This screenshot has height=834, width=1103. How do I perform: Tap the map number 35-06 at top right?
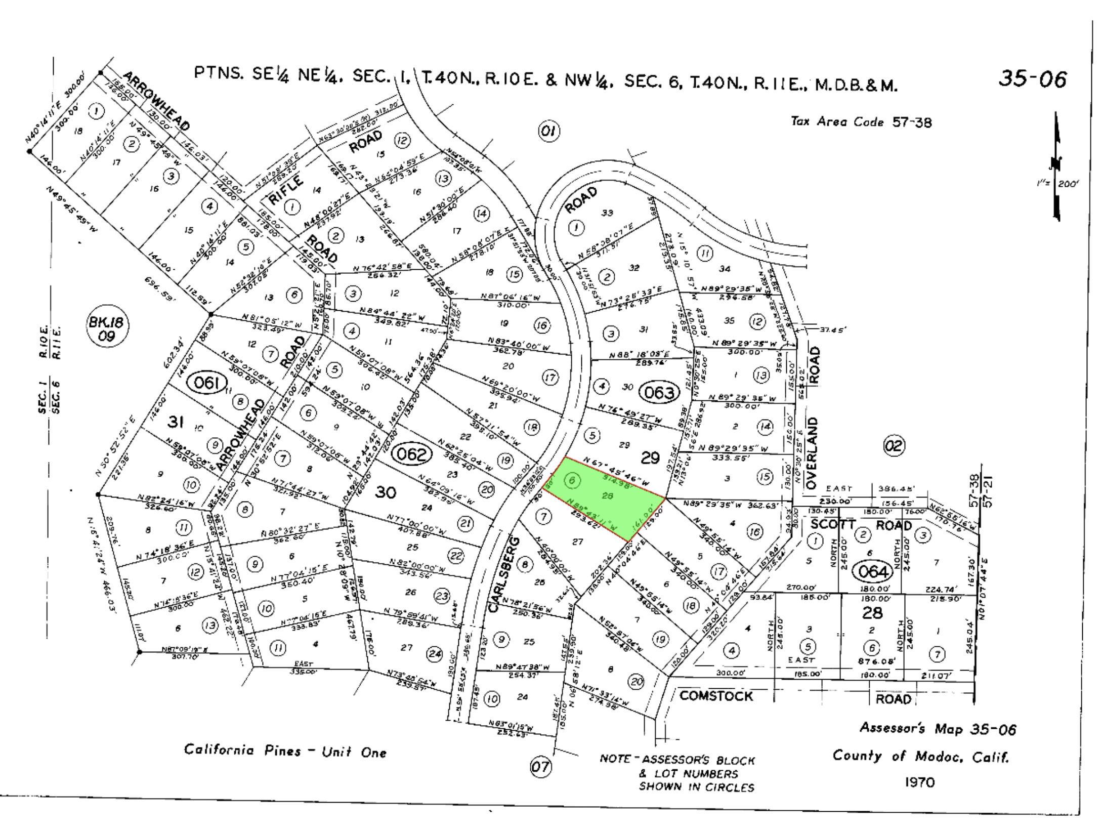pos(1032,80)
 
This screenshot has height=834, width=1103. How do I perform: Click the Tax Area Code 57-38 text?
pos(861,122)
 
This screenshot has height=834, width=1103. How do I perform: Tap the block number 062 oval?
pos(412,454)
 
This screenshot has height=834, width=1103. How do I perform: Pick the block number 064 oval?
pos(873,572)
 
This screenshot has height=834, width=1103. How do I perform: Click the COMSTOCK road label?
pos(715,696)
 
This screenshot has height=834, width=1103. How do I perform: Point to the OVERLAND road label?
pos(811,453)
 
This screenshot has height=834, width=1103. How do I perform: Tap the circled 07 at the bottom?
pos(540,767)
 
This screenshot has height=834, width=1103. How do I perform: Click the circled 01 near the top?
pos(548,132)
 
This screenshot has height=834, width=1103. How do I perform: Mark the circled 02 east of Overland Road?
pos(894,446)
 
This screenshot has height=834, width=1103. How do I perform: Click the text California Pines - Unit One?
pos(285,751)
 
